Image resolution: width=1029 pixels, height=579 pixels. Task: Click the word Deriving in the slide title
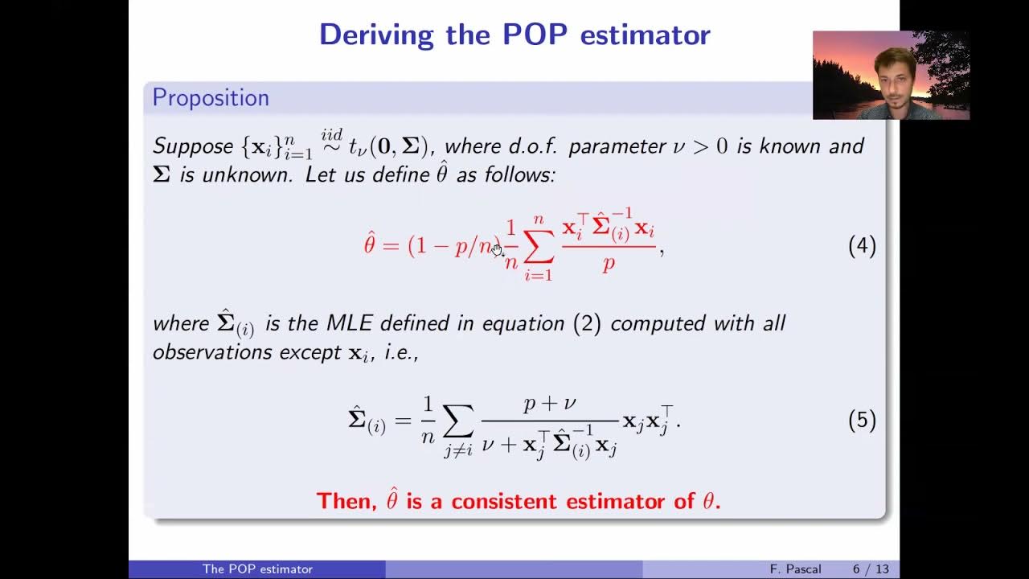point(376,35)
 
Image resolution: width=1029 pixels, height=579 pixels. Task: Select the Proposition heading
point(211,98)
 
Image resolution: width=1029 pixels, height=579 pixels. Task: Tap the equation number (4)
point(862,246)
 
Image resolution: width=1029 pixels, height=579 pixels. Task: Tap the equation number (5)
point(862,421)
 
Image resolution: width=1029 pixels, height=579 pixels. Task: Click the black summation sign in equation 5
point(458,421)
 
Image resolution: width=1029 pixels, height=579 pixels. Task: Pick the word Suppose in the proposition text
point(193,146)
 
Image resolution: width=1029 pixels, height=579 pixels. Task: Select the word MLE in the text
point(350,323)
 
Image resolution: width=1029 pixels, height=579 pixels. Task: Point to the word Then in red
point(346,501)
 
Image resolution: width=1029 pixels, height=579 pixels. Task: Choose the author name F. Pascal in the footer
point(795,569)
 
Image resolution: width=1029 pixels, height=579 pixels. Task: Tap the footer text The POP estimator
point(257,569)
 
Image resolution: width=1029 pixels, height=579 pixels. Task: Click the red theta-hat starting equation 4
point(370,244)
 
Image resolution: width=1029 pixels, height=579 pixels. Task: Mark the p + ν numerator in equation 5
point(550,404)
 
